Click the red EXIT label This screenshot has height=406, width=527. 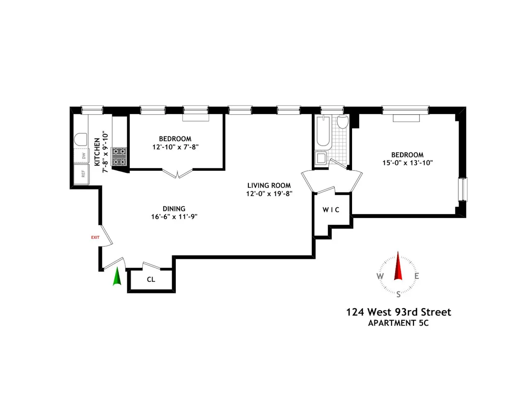[x=95, y=237]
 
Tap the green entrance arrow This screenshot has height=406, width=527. [x=117, y=277]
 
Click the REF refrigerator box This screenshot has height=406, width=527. [x=82, y=174]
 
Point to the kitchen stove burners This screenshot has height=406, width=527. [x=119, y=157]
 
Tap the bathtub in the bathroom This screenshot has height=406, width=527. [x=323, y=132]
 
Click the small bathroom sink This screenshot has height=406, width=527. [x=321, y=158]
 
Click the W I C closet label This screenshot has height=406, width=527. [x=331, y=210]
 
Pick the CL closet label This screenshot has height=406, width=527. [x=151, y=280]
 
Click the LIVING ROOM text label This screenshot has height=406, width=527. [x=269, y=186]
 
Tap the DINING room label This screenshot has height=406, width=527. [x=174, y=209]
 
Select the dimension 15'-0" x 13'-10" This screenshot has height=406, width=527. [x=407, y=163]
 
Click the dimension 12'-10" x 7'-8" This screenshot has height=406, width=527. [x=175, y=147]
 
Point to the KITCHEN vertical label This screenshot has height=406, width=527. [x=97, y=152]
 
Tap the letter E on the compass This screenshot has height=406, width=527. [x=416, y=276]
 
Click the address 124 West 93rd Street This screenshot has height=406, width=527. [x=398, y=312]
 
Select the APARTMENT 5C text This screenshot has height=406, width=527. [x=398, y=323]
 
